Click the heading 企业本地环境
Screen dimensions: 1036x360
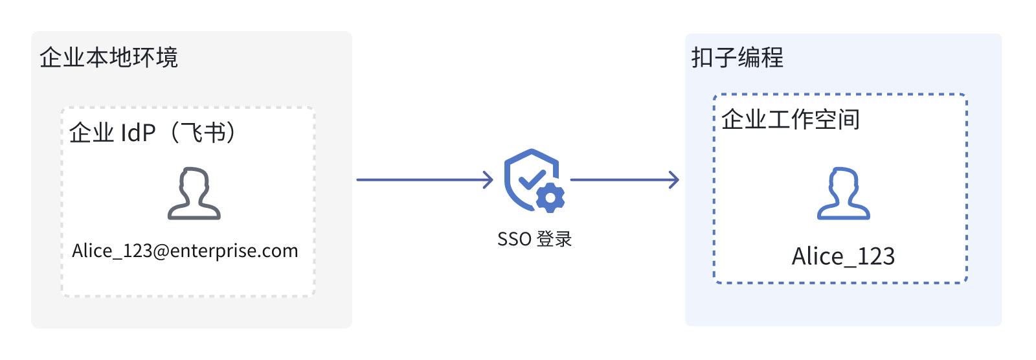point(109,58)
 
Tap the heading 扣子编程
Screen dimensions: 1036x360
point(738,58)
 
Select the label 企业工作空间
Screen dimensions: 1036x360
point(791,119)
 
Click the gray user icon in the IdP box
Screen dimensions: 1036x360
point(194,193)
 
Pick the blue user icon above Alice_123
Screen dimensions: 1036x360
point(844,193)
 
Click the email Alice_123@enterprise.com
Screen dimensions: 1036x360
point(185,251)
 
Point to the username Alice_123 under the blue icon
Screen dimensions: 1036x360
point(843,256)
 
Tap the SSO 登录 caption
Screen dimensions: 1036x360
point(535,239)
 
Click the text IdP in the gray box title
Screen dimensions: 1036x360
point(139,133)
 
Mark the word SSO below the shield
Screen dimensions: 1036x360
point(514,239)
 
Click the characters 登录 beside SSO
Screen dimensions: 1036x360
point(554,239)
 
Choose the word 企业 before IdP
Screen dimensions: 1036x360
point(91,133)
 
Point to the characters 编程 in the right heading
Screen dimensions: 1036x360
point(761,58)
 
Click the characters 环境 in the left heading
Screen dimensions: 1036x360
point(155,58)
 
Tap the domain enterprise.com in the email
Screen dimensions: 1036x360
point(234,251)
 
